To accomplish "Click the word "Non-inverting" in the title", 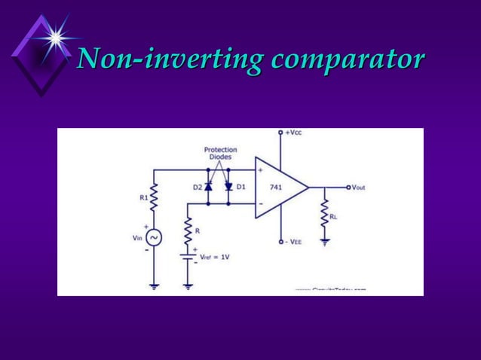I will coord(170,59).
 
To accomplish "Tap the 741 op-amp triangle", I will coord(277,188).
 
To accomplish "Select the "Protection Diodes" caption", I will coord(220,153).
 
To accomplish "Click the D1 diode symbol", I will coord(228,186).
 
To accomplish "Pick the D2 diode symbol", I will coord(209,187).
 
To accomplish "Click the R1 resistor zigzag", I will coord(153,199).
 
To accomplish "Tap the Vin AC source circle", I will coord(153,237).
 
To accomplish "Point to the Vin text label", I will coord(137,237).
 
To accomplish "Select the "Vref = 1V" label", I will coord(215,257).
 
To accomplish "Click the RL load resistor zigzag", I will coord(325,215).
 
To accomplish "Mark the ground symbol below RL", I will coord(325,243).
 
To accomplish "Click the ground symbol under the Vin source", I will coord(153,285).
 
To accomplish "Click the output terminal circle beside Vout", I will coord(348,187).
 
